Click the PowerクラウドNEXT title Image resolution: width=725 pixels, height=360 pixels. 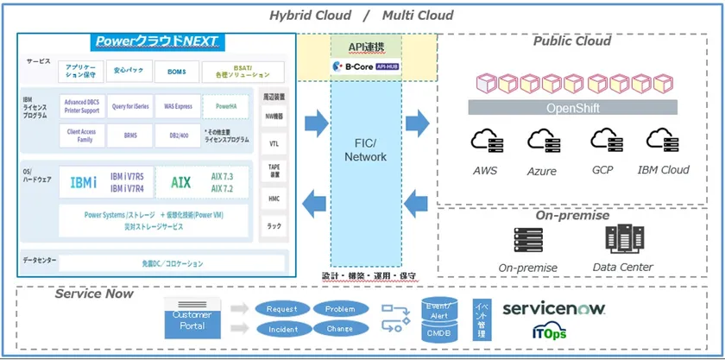[157, 41]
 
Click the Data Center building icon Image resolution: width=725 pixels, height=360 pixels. [622, 240]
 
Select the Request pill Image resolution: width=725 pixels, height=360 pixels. [281, 308]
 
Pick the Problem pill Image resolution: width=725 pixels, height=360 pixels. [340, 308]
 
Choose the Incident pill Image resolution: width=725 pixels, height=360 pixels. [281, 329]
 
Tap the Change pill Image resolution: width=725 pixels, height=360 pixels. [340, 329]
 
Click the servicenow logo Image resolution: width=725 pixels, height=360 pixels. [553, 308]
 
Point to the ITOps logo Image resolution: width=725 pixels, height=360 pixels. [550, 332]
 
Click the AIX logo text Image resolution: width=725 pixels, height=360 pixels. [180, 182]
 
